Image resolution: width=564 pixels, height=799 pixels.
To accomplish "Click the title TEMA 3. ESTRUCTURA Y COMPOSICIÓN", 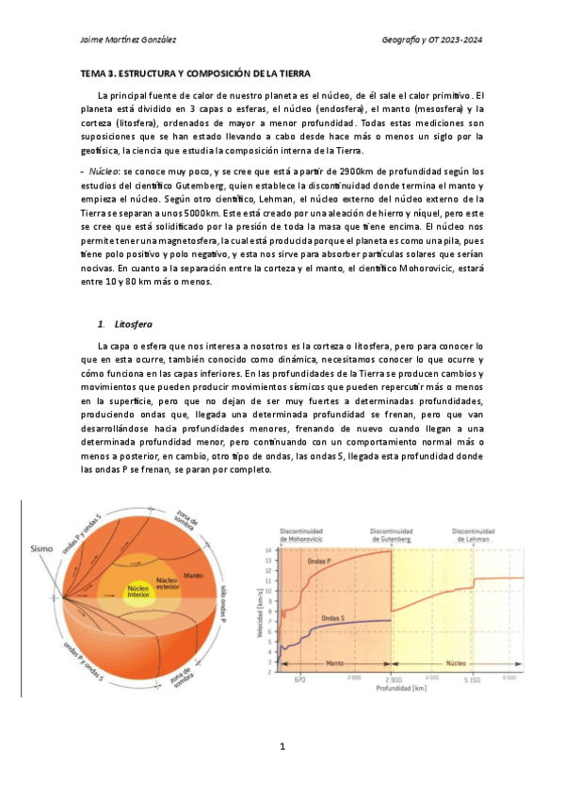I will (x=194, y=73).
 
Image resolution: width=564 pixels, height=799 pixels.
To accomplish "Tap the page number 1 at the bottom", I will (x=282, y=747).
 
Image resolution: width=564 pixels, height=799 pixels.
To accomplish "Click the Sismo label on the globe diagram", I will (x=43, y=547).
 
